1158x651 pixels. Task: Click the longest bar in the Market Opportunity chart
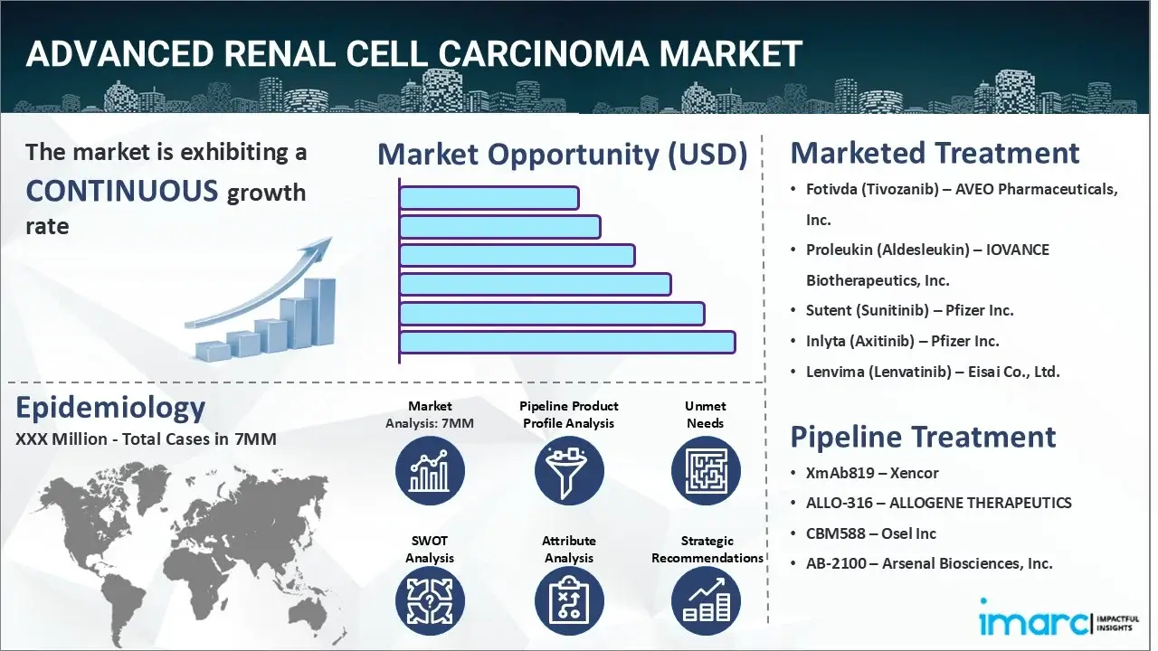pos(567,343)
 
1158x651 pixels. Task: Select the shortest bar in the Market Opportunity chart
pos(489,198)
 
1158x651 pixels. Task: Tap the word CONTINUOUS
pos(122,191)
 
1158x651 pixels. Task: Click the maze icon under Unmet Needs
pos(706,470)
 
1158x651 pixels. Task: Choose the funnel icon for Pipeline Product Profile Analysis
pos(569,470)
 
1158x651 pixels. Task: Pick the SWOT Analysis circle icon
pos(430,601)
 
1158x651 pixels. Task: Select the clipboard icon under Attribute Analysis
pos(569,601)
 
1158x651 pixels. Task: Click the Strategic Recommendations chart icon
pos(706,601)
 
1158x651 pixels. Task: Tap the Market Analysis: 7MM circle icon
pos(430,470)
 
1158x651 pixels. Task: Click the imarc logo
pos(1058,618)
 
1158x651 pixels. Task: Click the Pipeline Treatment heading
pos(923,437)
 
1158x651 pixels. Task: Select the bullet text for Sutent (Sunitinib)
pos(909,310)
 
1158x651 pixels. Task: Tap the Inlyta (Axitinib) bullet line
pos(902,341)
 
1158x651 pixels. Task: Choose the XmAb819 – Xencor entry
pos(872,473)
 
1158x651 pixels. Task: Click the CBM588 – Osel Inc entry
pos(870,533)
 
